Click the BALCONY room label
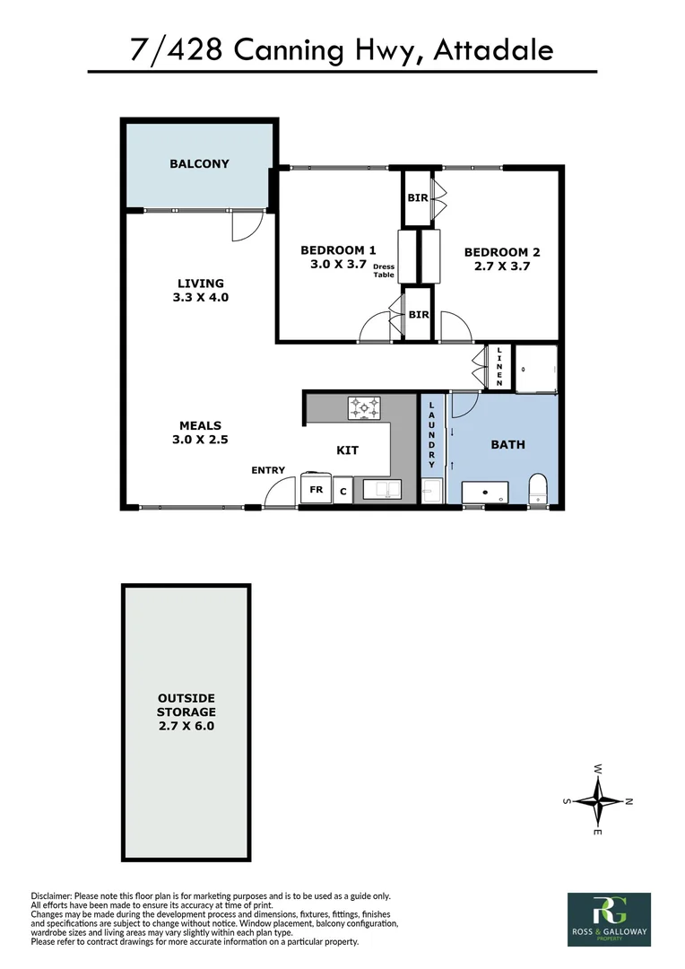coord(199,164)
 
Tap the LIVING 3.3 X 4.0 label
coord(200,290)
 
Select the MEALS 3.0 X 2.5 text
coord(200,432)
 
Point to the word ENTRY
coord(268,470)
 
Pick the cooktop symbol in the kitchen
coord(364,408)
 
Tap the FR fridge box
coord(316,490)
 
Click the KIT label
coord(348,450)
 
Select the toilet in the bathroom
coord(539,489)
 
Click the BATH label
coord(507,444)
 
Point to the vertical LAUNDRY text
coord(431,435)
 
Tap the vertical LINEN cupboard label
coord(499,367)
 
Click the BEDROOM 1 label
coord(338,258)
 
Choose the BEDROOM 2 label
coord(502,259)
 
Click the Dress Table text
coord(384,271)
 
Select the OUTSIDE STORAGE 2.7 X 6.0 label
coord(186,712)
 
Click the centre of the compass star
coord(598,800)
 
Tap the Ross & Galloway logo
coord(609,919)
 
